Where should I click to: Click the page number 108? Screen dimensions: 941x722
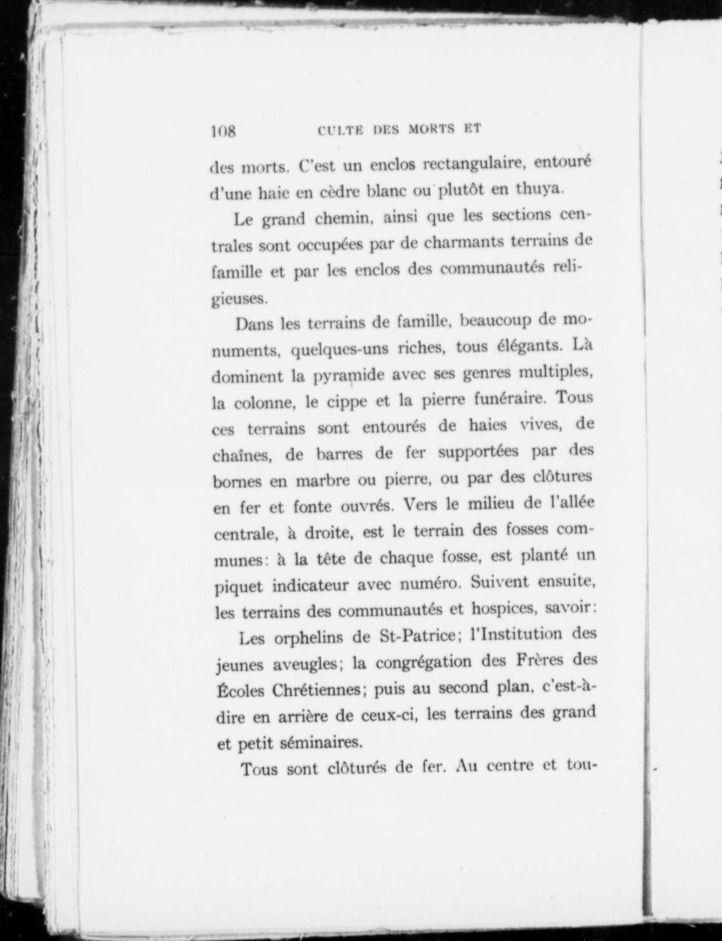(x=223, y=132)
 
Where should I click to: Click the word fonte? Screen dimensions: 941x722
(x=312, y=507)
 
